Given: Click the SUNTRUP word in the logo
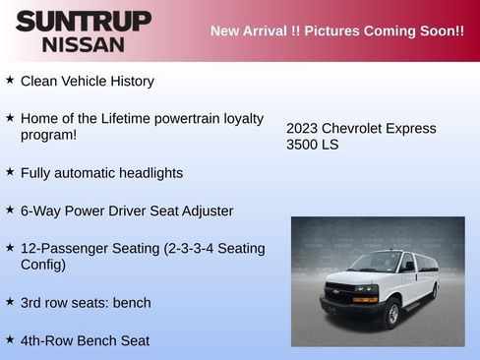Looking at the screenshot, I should tap(84, 22).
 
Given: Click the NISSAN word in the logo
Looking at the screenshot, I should tap(84, 44).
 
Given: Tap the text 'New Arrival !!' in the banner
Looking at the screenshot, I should tap(255, 30).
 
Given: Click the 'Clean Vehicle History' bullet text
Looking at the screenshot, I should tap(88, 81).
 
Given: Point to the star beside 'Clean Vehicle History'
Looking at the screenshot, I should tap(10, 79).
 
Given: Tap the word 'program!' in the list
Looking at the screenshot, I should tap(48, 135).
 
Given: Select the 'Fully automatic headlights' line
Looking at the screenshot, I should tap(101, 173).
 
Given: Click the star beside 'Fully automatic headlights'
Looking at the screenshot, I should tap(10, 171).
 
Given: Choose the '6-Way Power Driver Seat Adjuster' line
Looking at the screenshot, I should tap(127, 210).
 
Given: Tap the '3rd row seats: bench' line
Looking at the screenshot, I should tap(86, 302).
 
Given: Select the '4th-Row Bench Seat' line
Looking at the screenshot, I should tap(85, 340).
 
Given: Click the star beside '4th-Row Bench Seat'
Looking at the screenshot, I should tap(10, 338).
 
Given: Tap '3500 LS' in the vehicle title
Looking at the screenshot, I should tap(312, 145).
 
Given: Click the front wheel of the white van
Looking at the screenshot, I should tap(391, 314).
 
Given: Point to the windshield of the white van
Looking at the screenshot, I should tap(376, 263).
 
